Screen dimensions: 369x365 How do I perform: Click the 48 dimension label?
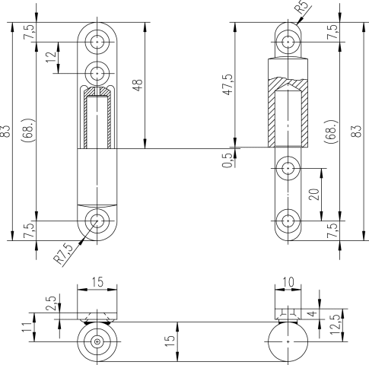click(138, 85)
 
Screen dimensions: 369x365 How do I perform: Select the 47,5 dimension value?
click(227, 84)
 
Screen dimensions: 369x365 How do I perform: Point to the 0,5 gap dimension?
click(227, 160)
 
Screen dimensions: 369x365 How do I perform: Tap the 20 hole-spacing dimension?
click(314, 195)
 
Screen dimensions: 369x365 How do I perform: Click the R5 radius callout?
click(301, 7)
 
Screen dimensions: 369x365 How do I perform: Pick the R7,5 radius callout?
click(63, 253)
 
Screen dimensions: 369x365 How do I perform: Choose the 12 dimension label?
click(51, 57)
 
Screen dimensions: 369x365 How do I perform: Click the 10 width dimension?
click(288, 282)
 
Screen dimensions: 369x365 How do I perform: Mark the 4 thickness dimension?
click(313, 313)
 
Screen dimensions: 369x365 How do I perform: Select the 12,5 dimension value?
click(335, 325)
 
